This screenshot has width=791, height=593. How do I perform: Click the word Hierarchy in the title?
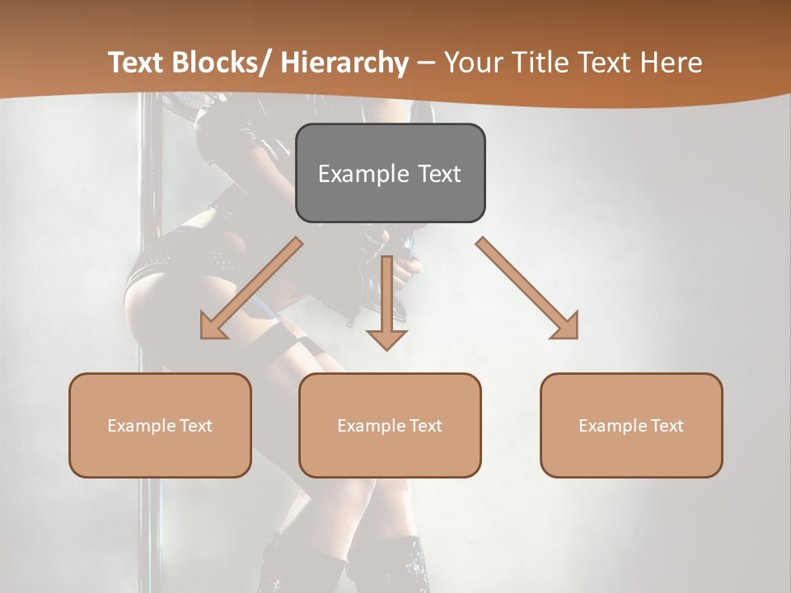[x=344, y=63]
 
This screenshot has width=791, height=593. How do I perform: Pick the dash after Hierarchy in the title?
[x=426, y=64]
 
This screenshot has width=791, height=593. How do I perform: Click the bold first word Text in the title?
[x=138, y=63]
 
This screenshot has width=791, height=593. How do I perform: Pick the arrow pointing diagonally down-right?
[x=527, y=288]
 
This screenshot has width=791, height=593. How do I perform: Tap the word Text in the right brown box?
[x=667, y=426]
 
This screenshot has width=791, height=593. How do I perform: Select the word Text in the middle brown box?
[x=425, y=426]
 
